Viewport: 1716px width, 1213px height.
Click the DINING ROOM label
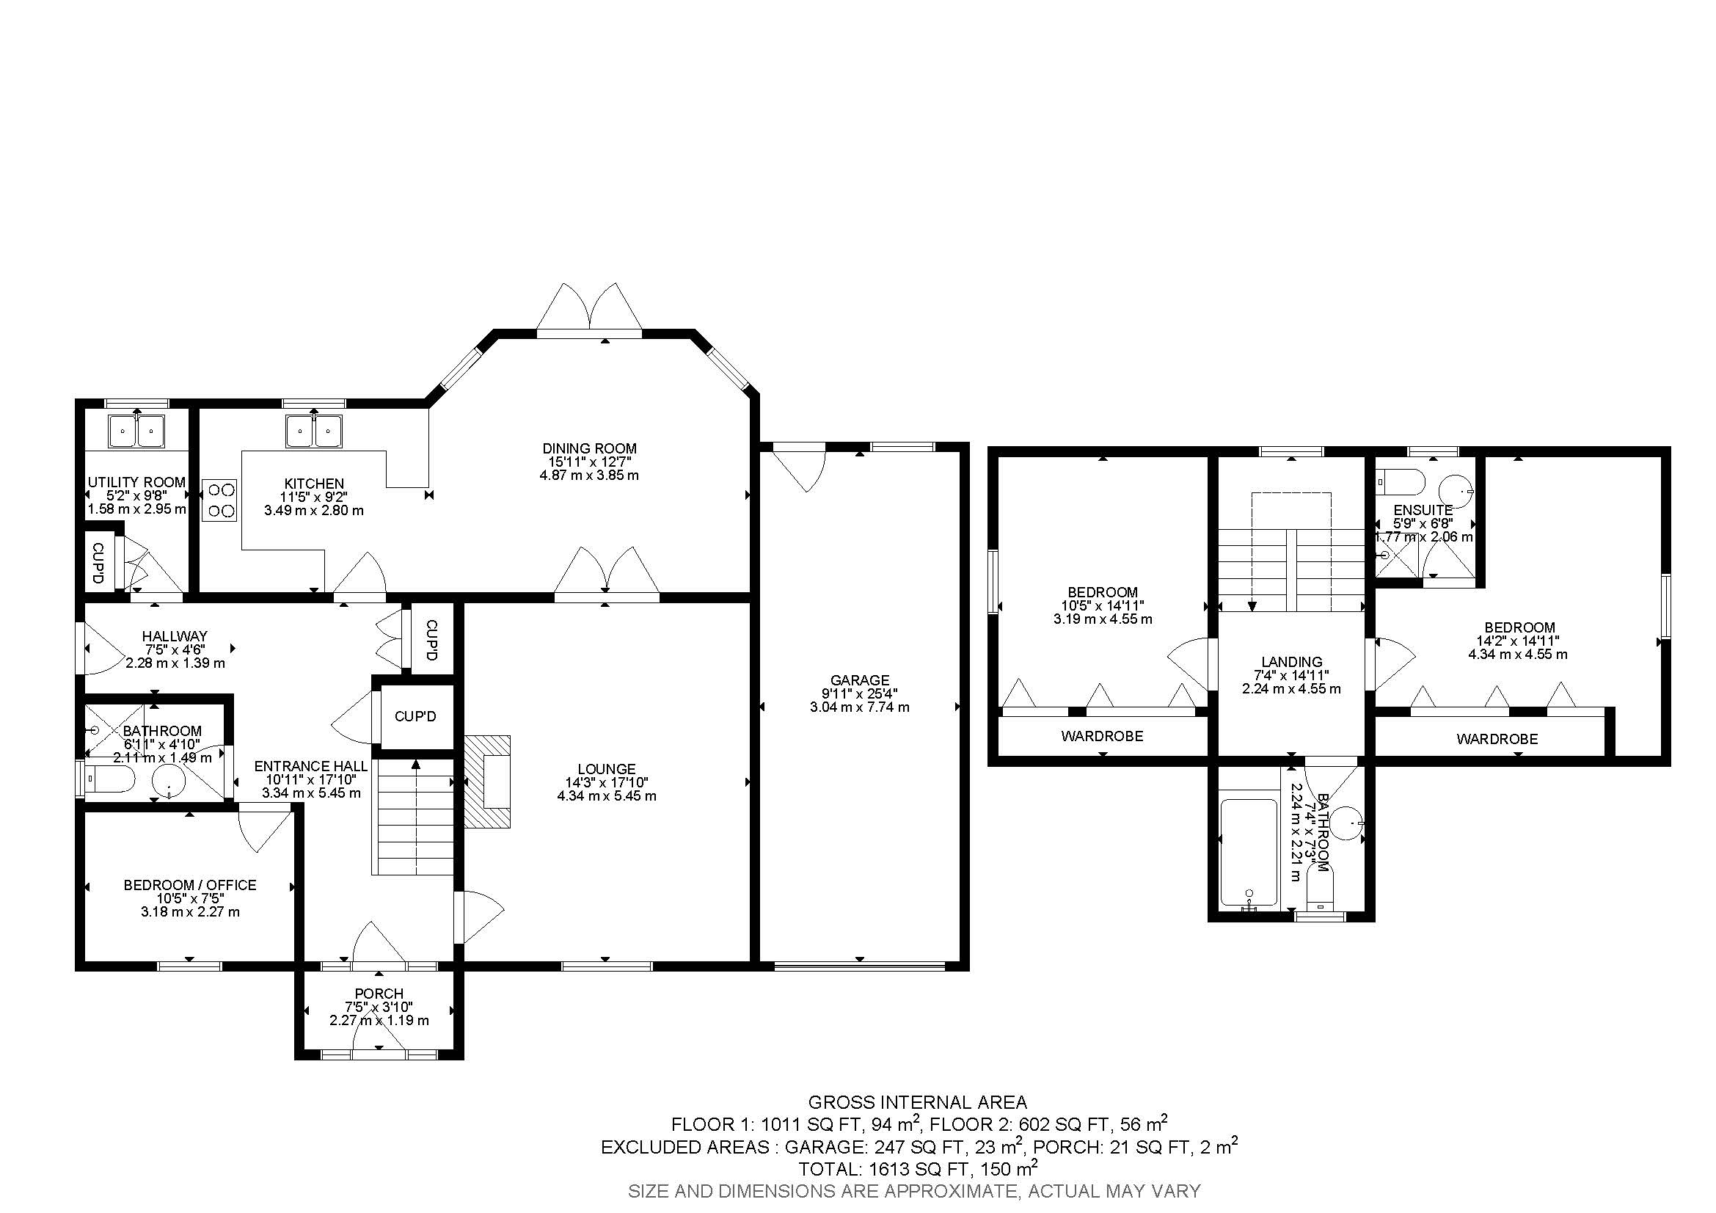(x=589, y=448)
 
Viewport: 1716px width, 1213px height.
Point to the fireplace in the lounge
(x=487, y=782)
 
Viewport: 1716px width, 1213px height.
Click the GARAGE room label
(x=860, y=680)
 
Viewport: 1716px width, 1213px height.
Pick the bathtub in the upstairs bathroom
(x=1248, y=853)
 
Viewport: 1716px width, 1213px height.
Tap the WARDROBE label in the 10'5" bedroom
(x=1102, y=736)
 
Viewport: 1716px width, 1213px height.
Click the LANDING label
(x=1291, y=661)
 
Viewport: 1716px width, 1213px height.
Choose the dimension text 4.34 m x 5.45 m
(x=607, y=796)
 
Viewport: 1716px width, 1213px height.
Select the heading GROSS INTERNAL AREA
(x=917, y=1102)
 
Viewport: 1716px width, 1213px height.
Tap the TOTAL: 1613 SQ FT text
(x=917, y=1168)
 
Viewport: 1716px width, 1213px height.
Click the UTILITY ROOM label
(x=136, y=483)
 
